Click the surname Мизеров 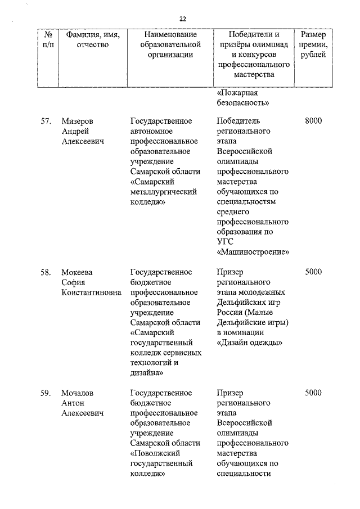tap(78, 121)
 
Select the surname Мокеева tap(78, 272)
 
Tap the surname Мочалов tap(78, 393)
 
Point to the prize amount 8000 tap(313, 121)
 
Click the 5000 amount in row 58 tap(313, 272)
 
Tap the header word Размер tap(313, 34)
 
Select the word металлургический tap(163, 192)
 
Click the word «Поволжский tap(160, 454)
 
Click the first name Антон tap(73, 403)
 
